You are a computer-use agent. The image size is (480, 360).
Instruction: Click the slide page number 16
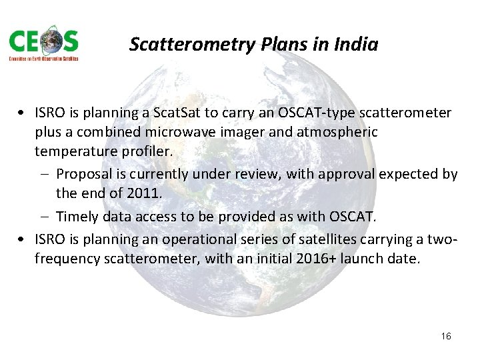[446, 336]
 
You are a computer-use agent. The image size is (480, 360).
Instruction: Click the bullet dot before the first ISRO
[23, 114]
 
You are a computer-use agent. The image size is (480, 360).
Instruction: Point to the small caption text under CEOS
[43, 59]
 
